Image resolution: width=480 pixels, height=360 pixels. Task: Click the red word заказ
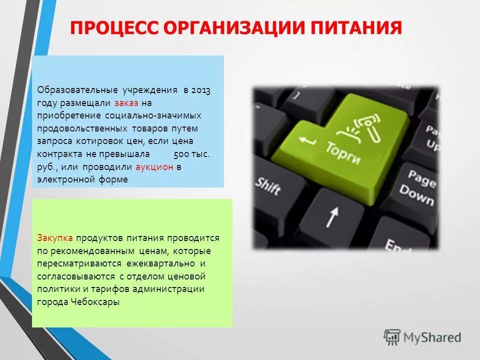pyautogui.click(x=126, y=103)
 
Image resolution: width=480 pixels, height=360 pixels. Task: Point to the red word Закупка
pyautogui.click(x=55, y=238)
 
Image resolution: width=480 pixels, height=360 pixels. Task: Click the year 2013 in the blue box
pyautogui.click(x=200, y=90)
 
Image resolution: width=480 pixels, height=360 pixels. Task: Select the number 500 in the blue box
pyautogui.click(x=182, y=154)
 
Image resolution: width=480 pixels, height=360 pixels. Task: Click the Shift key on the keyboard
pyautogui.click(x=268, y=186)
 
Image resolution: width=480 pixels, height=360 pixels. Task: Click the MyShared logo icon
pyautogui.click(x=392, y=337)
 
